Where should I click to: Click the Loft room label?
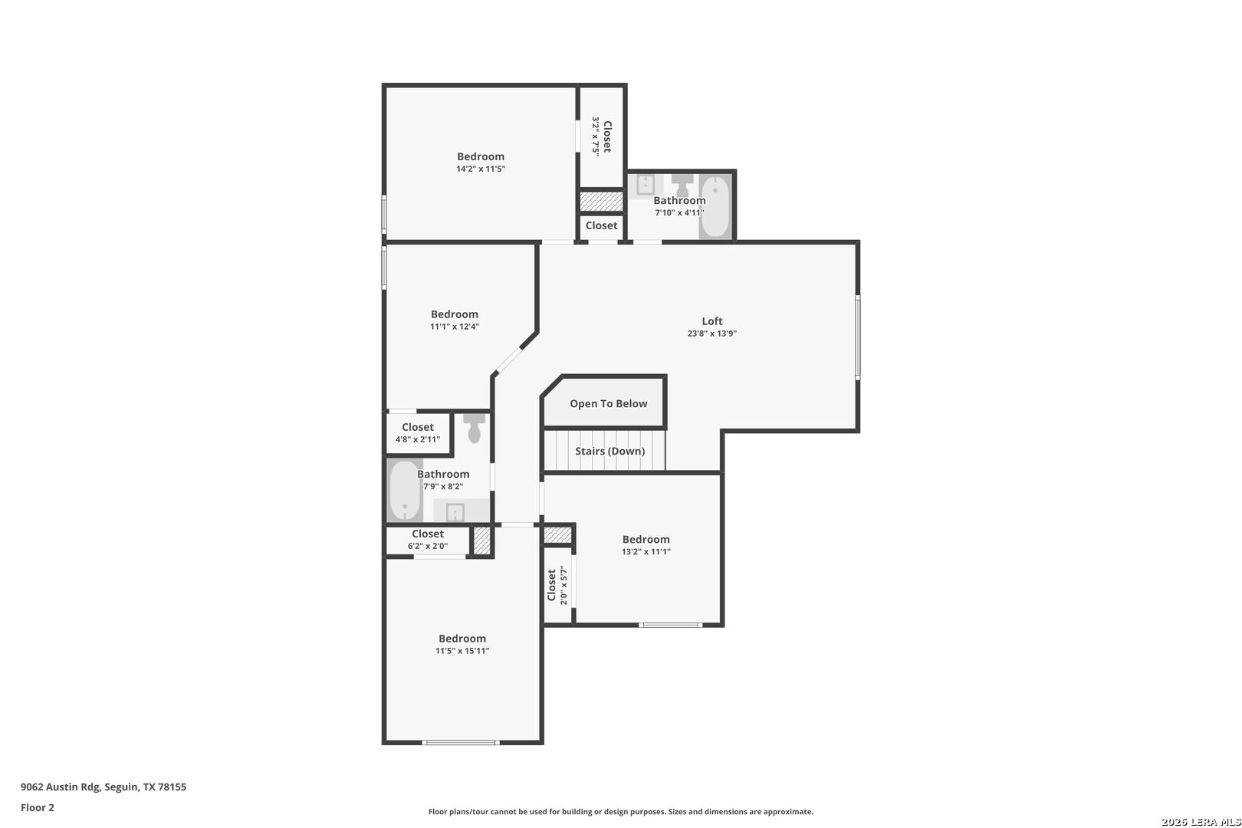712,321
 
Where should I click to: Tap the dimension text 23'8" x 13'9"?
712,333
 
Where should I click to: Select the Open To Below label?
608,404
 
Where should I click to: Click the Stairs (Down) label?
609,451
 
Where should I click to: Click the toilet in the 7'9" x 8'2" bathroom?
475,429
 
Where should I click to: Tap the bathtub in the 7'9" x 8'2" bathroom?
404,491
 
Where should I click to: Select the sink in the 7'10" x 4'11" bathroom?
646,185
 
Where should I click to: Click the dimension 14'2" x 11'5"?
481,169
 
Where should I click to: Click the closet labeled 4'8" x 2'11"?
418,433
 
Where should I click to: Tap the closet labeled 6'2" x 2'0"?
427,540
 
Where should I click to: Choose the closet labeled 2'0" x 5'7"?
557,586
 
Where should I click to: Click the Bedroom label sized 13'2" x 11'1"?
646,540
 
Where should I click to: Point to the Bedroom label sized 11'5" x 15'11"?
462,639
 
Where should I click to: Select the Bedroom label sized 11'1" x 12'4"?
454,314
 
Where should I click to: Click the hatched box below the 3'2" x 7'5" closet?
601,202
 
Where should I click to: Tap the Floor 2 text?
38,807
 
